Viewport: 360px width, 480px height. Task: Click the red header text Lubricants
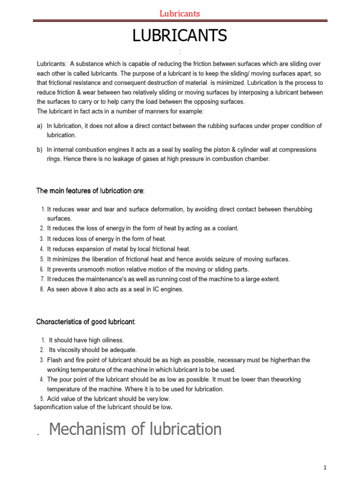point(180,14)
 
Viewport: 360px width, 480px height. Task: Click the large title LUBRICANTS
point(180,36)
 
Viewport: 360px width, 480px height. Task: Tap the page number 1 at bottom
point(324,468)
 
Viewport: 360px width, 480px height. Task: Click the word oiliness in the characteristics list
point(112,340)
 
